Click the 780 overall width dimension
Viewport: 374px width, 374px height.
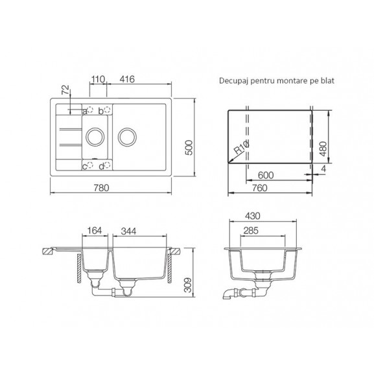(101, 188)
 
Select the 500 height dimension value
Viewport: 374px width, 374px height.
(189, 148)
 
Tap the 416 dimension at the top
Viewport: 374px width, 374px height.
(127, 79)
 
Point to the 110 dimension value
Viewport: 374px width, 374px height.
(98, 79)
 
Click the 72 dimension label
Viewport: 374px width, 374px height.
(65, 89)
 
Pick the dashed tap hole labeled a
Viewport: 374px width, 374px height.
(90, 110)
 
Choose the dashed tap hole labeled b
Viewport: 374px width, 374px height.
(108, 110)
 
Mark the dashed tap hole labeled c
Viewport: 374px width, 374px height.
(90, 165)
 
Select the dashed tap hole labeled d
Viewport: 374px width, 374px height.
(108, 165)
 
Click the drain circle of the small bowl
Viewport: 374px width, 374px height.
(95, 128)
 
